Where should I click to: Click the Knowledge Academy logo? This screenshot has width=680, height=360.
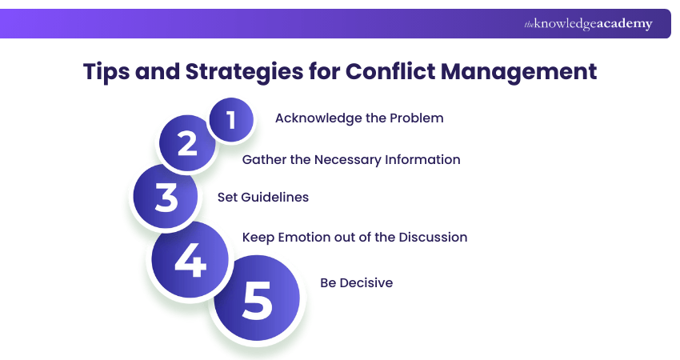point(588,24)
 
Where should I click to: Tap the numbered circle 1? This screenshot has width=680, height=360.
point(231,120)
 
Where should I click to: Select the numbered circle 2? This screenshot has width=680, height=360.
point(187,144)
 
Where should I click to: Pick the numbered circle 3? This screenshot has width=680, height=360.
point(166,197)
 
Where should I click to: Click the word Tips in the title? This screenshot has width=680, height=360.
point(110,71)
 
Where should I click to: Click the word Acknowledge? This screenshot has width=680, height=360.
point(314,118)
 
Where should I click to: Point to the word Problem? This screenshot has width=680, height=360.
point(418,118)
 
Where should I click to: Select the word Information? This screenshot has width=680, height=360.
point(424,159)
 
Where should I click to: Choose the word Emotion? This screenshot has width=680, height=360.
point(302,238)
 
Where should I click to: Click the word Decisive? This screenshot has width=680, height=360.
point(366,283)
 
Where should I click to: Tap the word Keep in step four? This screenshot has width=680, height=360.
point(257,238)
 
